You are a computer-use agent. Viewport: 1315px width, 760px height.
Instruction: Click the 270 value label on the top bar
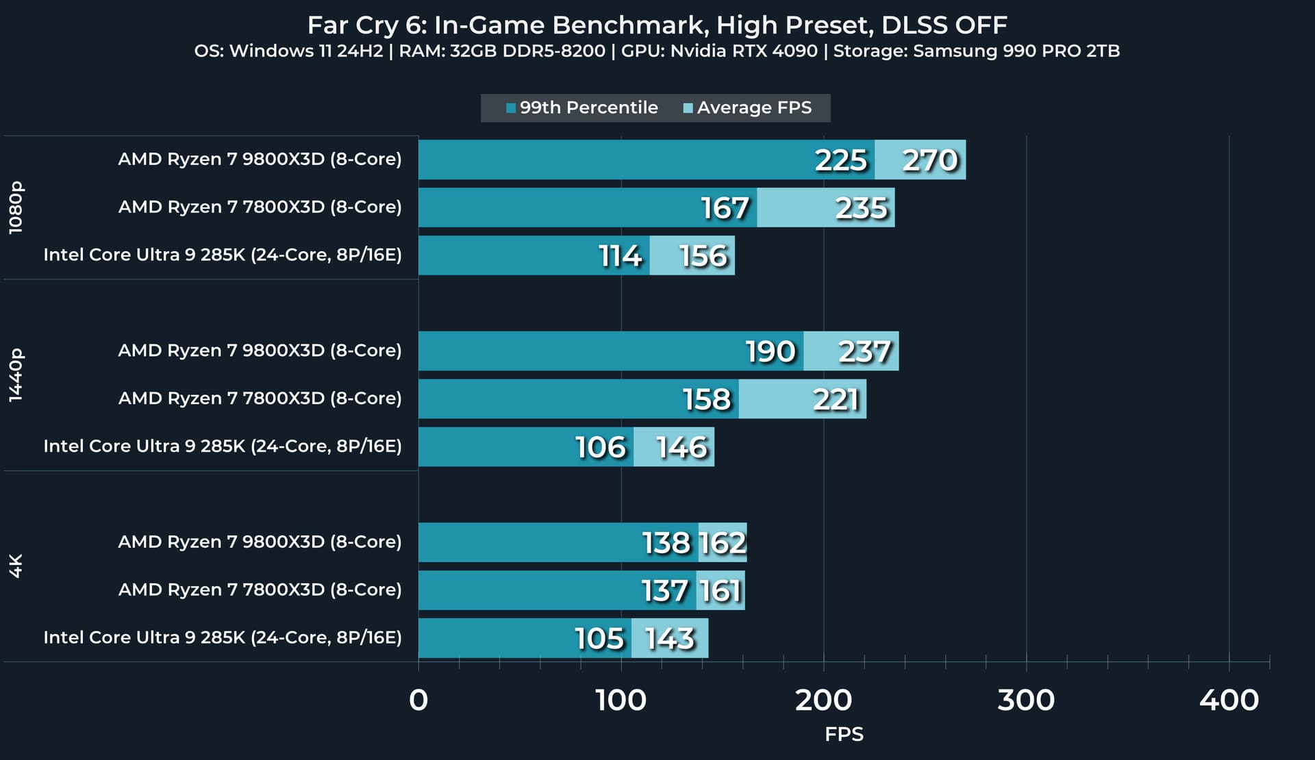point(929,160)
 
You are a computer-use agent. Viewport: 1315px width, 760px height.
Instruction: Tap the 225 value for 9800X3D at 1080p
point(841,160)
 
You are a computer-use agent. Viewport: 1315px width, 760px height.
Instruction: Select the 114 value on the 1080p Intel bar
point(620,256)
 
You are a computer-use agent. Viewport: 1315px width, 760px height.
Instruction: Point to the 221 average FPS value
point(836,399)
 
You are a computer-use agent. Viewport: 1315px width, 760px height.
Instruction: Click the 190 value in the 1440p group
point(771,351)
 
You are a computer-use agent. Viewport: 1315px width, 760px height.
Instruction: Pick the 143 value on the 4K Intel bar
point(670,639)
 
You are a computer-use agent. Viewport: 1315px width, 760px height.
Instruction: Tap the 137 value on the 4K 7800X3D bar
point(664,591)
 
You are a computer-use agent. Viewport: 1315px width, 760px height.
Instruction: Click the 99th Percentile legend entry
point(582,108)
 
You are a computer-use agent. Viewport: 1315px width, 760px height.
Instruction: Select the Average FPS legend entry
point(748,108)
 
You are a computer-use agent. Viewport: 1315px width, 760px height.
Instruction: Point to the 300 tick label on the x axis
point(1026,700)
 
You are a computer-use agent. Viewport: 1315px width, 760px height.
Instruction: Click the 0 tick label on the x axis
point(418,700)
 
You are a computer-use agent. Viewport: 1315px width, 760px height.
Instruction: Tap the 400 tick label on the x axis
point(1229,700)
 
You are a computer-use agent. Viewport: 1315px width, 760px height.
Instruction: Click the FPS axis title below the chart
point(844,735)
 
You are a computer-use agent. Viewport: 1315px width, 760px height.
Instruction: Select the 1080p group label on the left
point(16,207)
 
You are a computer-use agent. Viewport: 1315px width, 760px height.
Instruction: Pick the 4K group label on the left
point(16,566)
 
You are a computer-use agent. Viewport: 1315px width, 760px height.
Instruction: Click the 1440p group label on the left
point(16,375)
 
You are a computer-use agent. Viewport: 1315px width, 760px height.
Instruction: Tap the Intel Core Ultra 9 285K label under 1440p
point(223,446)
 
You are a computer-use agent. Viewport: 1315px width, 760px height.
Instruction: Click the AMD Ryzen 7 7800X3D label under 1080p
point(260,207)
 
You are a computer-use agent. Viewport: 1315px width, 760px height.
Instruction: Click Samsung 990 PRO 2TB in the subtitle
point(1016,51)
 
